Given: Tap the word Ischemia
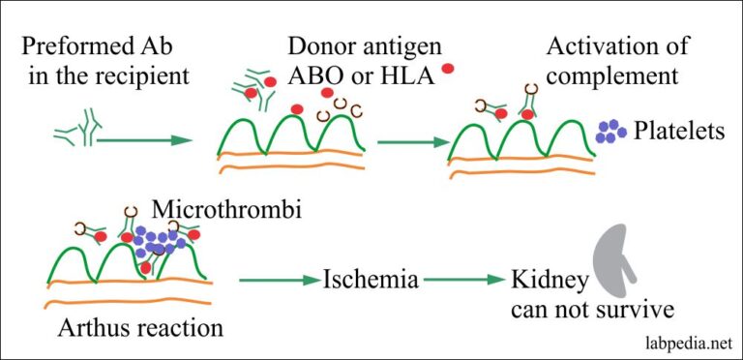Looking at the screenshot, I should [x=371, y=281].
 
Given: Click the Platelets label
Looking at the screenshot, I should [x=678, y=131].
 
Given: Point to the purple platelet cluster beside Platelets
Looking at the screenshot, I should [x=610, y=132].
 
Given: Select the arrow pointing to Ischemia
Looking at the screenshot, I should [x=279, y=282].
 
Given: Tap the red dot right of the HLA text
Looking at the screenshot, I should [x=447, y=68].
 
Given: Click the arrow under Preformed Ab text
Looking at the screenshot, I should [x=145, y=140].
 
